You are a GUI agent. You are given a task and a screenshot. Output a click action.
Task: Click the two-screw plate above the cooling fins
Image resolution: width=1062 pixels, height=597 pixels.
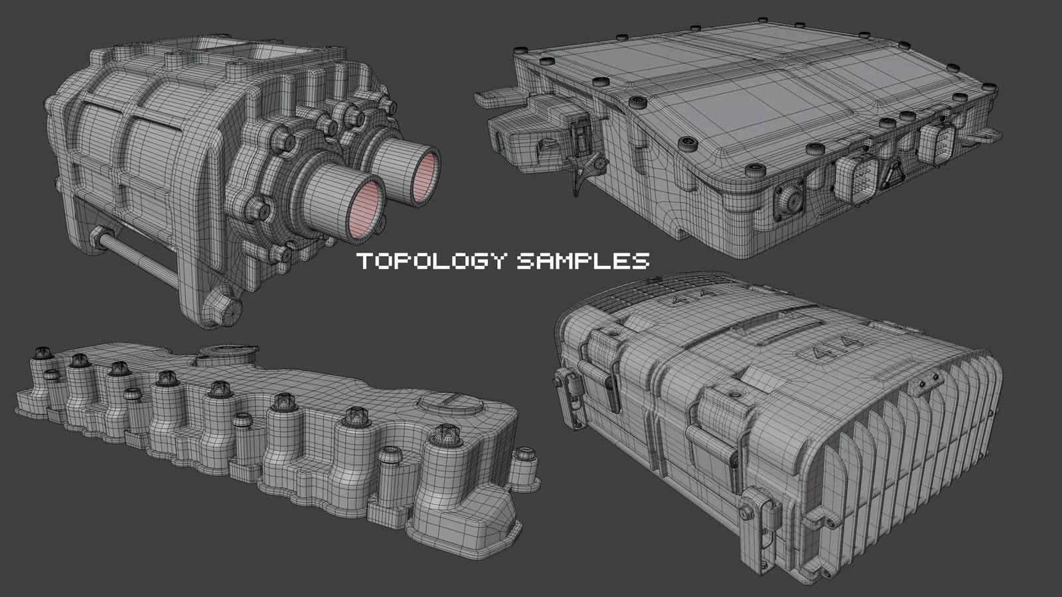928,385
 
